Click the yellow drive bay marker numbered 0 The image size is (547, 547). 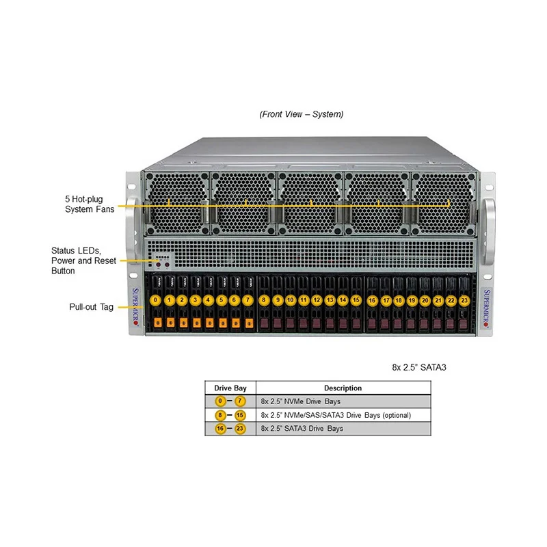pos(156,299)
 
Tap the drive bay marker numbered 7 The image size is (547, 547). pos(247,299)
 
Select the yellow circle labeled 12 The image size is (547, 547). pos(317,299)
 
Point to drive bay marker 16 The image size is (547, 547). pos(373,299)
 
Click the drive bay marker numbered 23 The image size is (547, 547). pos(464,299)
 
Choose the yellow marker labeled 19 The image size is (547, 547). pos(412,299)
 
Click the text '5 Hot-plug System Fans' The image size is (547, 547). pos(90,204)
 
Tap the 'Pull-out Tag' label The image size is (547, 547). pos(91,307)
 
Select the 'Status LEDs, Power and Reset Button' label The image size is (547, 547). pos(83,261)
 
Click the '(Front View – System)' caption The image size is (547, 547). pos(302,114)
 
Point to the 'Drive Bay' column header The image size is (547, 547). pos(230,388)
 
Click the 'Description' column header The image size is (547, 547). pos(343,388)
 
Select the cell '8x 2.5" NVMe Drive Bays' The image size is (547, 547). pos(300,401)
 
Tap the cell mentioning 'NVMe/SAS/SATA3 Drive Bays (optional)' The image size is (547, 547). pos(336,415)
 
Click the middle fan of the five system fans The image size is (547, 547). pos(310,202)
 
